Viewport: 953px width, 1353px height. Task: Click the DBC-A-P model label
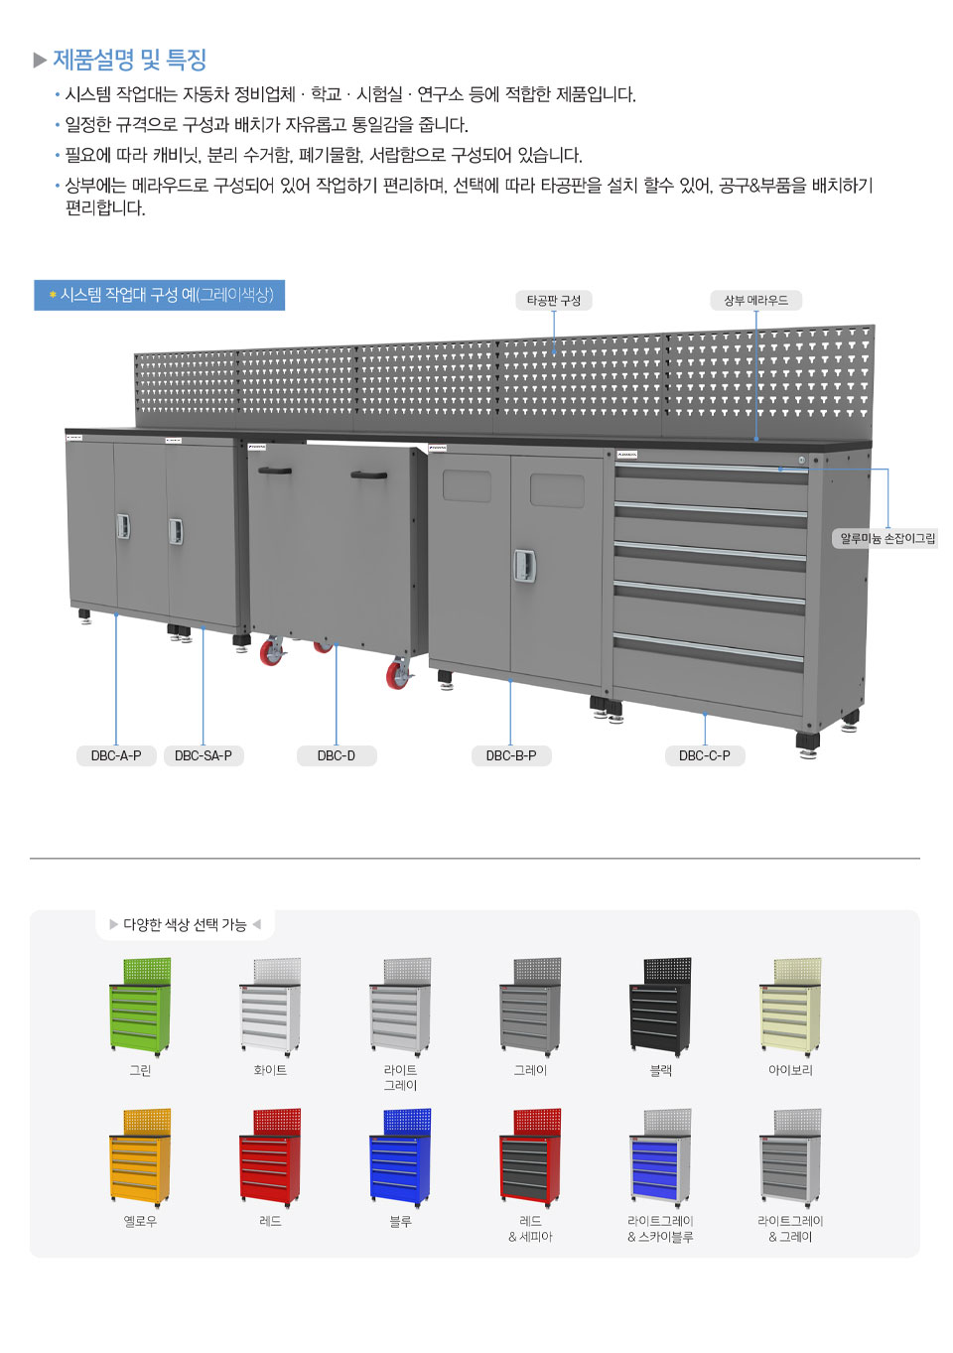[116, 755]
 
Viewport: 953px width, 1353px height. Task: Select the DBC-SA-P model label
[204, 755]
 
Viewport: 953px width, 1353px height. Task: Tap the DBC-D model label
[337, 755]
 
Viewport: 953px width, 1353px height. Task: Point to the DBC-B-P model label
[511, 755]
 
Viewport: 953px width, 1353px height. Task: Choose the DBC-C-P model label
[705, 755]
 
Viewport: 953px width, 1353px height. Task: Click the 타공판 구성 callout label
[554, 300]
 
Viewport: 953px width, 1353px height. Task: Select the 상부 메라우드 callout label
[756, 300]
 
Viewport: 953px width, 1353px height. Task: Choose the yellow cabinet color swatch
[140, 1157]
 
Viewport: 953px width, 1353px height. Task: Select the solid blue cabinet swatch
[400, 1157]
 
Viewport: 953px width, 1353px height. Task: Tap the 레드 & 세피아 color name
[530, 1229]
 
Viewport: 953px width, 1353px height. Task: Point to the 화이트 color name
[270, 1070]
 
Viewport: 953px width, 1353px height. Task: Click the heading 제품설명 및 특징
[130, 60]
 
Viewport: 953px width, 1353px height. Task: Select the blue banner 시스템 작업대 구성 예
[160, 295]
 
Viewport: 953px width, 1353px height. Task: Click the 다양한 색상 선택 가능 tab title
[185, 925]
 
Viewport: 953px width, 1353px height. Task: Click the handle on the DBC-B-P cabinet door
[525, 566]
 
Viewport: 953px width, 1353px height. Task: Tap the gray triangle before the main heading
[40, 60]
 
